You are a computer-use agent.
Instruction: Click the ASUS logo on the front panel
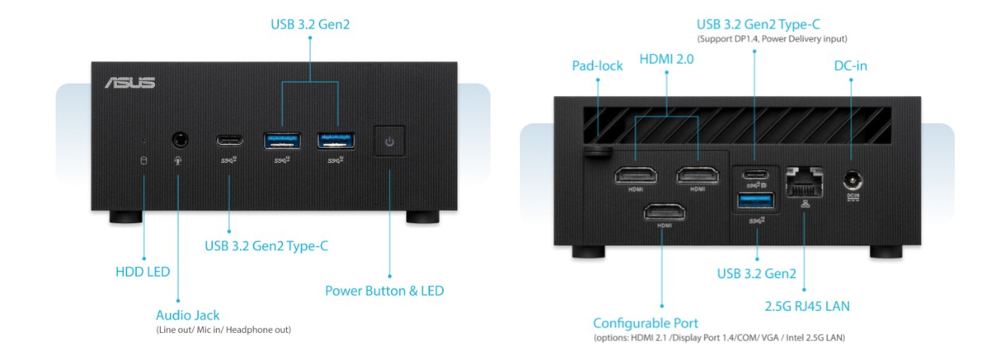coord(129,83)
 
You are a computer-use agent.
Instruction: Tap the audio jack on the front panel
coord(181,141)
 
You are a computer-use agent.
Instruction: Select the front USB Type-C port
coord(231,141)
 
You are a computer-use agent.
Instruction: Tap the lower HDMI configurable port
coord(663,212)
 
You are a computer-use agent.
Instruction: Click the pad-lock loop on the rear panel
coord(595,151)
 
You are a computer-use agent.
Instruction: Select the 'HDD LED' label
coord(143,272)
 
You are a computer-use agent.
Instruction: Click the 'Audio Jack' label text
coord(188,315)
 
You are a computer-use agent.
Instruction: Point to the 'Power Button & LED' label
coord(384,291)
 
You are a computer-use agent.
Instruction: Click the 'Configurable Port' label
coord(646,323)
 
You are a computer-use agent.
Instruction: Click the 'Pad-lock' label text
coord(597,65)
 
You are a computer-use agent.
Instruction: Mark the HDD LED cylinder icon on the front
coord(144,161)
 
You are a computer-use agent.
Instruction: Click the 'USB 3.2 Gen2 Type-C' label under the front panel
coord(266,246)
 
